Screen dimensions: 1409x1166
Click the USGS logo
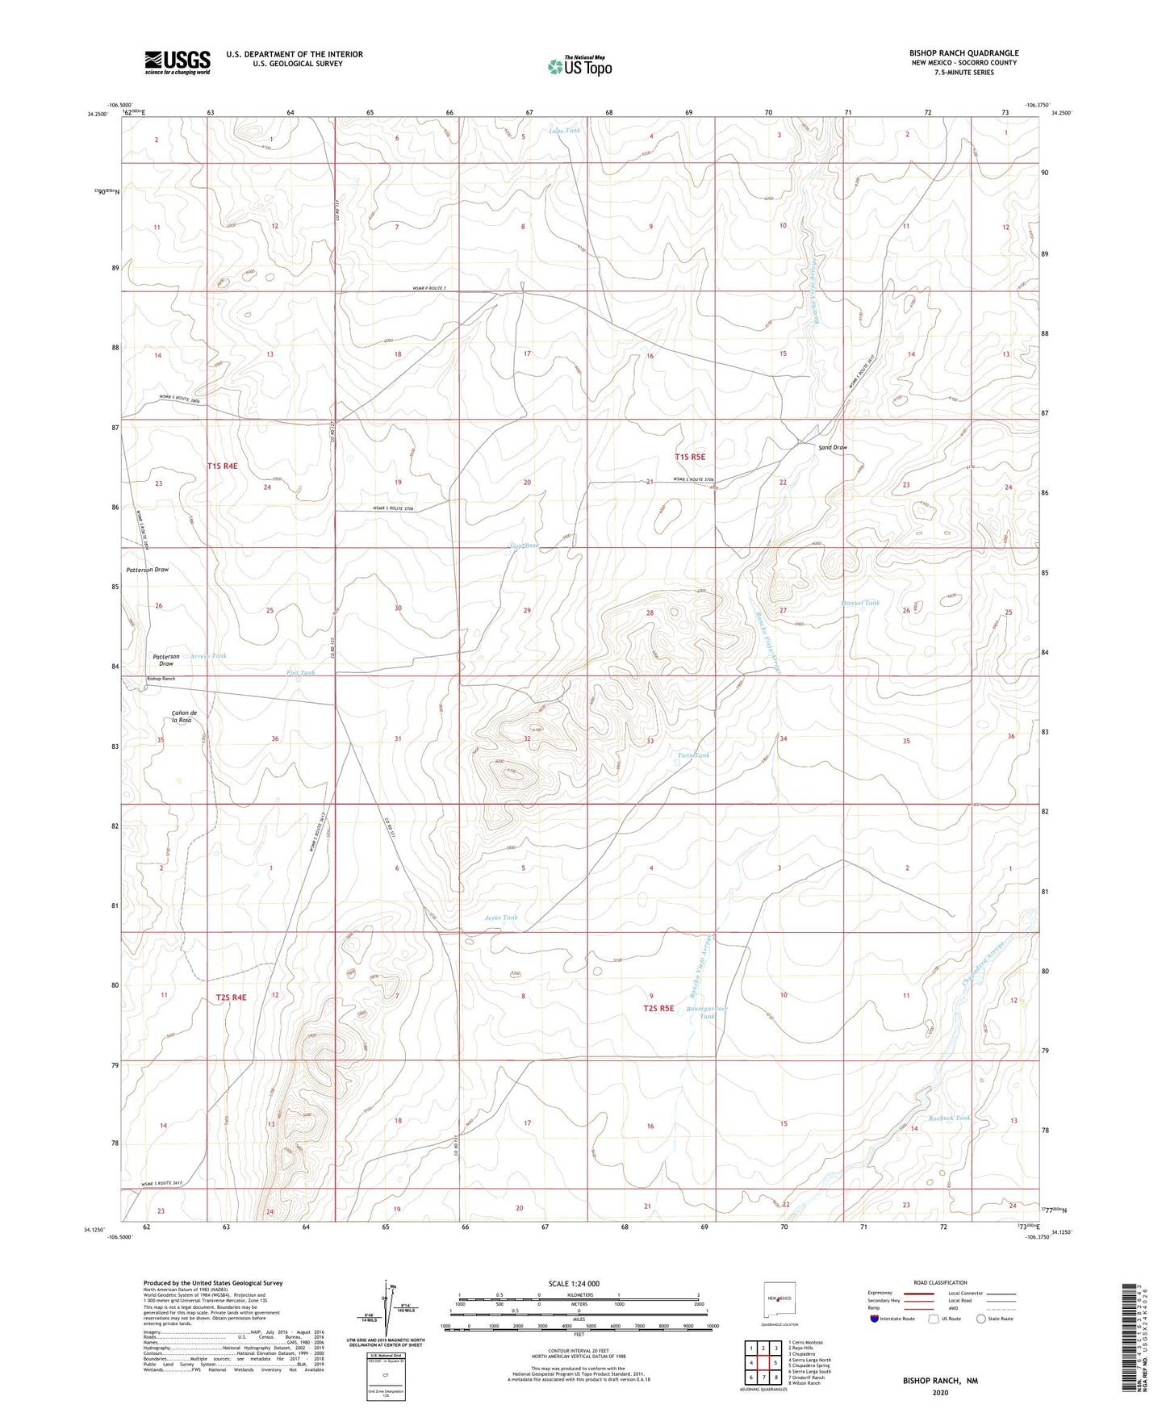coord(178,62)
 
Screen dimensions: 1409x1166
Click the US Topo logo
coord(579,67)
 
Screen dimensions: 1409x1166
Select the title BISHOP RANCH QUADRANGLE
coord(963,53)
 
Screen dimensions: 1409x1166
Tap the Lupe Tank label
coord(564,130)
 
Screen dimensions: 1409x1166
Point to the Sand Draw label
coord(833,447)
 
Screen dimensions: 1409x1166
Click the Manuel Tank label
coord(859,603)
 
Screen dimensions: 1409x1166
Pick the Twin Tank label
coord(693,755)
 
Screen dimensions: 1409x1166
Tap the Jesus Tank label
coord(501,918)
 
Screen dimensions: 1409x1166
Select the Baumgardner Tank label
coord(707,1012)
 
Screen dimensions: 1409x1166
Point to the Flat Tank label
coord(300,672)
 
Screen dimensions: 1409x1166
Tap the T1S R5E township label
coord(690,457)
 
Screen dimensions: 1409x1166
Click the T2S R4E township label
coord(231,997)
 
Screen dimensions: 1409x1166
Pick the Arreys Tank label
coord(208,656)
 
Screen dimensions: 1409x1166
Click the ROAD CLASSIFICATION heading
coord(939,1282)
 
